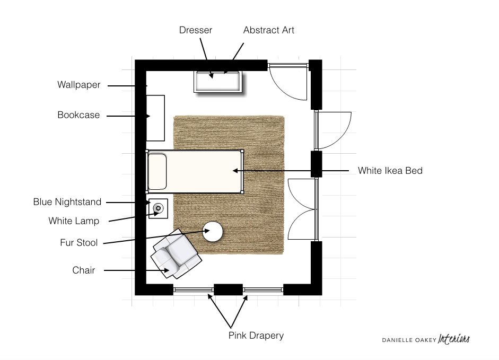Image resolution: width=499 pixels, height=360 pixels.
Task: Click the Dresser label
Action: coord(195,30)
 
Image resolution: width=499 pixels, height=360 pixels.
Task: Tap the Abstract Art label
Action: coord(269,30)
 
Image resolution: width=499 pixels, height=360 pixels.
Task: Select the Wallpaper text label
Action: coord(79,85)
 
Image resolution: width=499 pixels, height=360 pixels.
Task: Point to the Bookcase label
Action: coord(78,115)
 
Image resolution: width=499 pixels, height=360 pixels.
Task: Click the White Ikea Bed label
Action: coord(390,171)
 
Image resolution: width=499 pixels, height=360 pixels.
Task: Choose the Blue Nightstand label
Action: coord(67,202)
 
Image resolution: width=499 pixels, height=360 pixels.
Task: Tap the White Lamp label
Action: coord(74,221)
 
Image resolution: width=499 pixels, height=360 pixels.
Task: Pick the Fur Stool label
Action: coord(79,242)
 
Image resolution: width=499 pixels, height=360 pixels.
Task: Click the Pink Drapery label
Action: coord(256,336)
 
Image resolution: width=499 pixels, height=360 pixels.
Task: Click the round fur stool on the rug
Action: coord(213,231)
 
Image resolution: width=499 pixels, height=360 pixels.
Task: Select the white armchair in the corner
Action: coord(176,254)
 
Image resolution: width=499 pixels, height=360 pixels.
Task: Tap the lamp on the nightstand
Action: coord(158,208)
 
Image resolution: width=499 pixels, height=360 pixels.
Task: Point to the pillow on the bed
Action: coord(157,171)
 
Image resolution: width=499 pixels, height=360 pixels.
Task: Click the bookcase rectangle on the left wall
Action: coord(155,118)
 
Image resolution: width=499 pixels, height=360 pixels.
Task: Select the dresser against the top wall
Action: coord(218,82)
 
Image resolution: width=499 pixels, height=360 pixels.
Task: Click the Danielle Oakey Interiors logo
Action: coord(426,339)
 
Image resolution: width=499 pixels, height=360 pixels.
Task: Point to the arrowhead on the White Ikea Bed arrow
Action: coord(235,171)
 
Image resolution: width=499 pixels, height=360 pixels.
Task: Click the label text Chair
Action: coord(84,270)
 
